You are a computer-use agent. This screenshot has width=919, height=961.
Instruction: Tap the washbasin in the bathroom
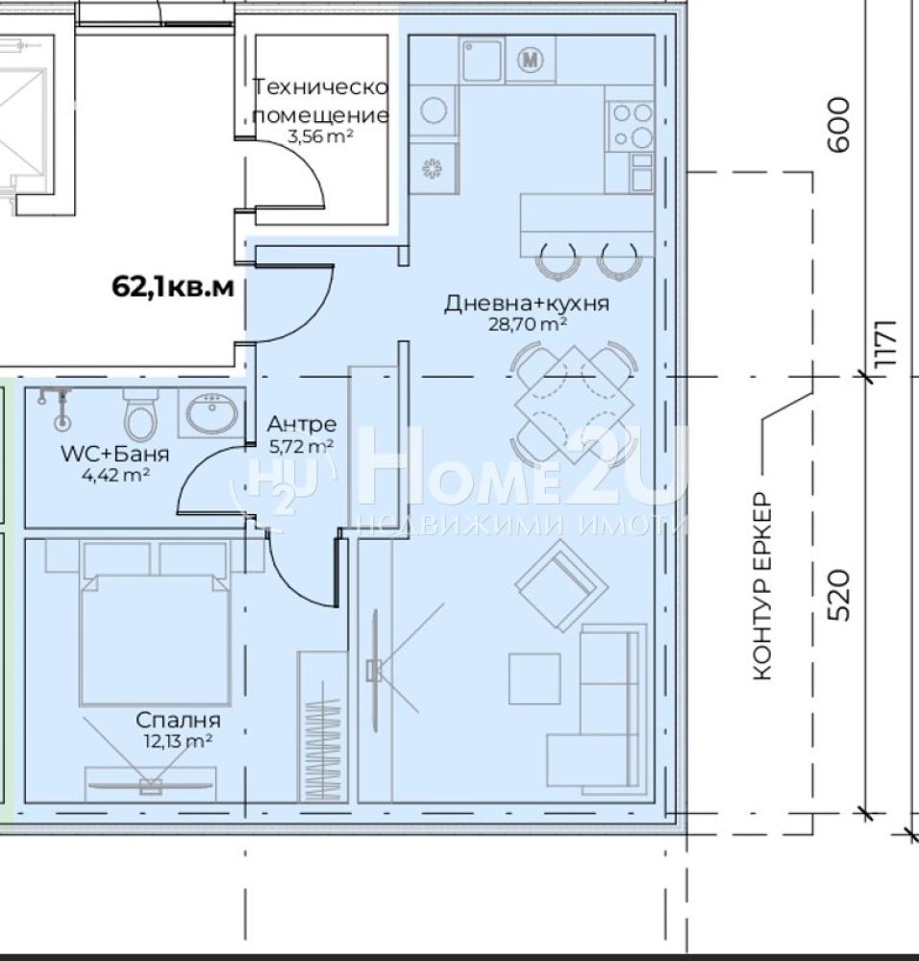(211, 413)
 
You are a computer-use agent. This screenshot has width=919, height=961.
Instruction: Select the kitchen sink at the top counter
(482, 60)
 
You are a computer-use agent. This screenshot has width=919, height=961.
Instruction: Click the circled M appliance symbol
(531, 60)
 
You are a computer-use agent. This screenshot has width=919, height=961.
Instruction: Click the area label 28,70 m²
(527, 324)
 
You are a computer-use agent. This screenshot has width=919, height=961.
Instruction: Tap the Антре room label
(302, 424)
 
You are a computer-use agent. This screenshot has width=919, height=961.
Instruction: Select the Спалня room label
(178, 720)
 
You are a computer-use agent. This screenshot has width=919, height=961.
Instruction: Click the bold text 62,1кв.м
(173, 286)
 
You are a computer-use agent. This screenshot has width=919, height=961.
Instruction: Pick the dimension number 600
(839, 124)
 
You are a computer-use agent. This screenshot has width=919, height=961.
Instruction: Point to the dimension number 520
(839, 596)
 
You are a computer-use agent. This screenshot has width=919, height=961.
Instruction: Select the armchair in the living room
(561, 585)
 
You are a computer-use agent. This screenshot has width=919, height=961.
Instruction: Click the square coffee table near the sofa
(534, 678)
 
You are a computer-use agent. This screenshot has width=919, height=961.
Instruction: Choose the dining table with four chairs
(574, 405)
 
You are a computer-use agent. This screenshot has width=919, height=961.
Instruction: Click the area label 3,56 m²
(320, 136)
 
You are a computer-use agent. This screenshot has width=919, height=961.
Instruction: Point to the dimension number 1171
(887, 343)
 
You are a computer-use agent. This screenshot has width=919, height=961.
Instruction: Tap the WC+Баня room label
(115, 454)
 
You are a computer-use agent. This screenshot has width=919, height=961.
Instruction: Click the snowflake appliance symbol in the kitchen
(433, 168)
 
